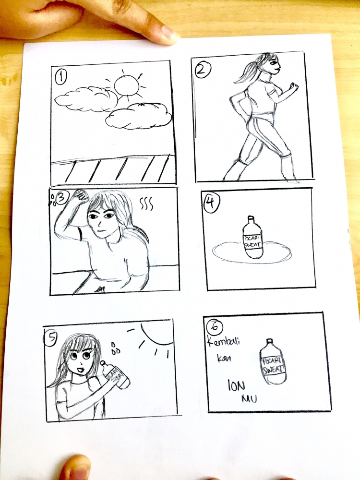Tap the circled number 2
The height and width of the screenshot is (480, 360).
pyautogui.click(x=201, y=70)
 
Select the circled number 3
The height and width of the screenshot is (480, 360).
pyautogui.click(x=63, y=197)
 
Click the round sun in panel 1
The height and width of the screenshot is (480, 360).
pyautogui.click(x=129, y=88)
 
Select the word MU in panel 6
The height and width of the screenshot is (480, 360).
pyautogui.click(x=248, y=399)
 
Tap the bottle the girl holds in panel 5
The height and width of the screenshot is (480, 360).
pyautogui.click(x=118, y=374)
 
